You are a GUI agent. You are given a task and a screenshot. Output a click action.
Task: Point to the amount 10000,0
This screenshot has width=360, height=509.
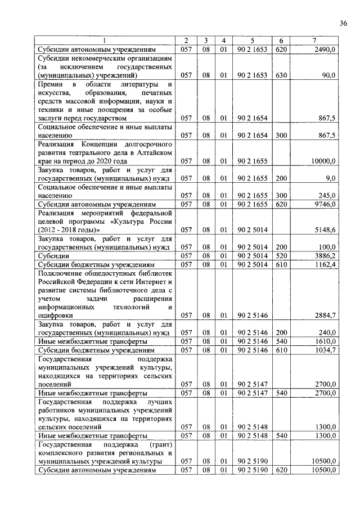point(323,161)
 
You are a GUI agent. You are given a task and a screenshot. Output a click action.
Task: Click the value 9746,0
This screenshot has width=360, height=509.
point(326,204)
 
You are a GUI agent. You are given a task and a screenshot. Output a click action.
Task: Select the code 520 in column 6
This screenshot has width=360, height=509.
point(281,255)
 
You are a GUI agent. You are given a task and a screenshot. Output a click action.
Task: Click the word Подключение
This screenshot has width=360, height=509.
point(61,273)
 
